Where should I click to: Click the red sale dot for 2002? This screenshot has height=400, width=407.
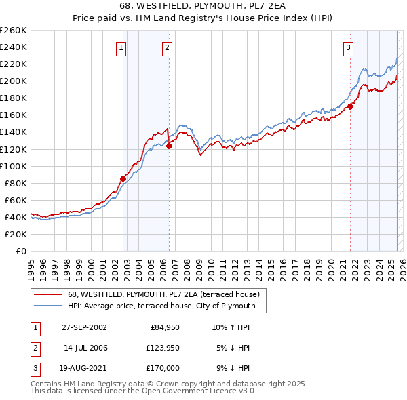pyautogui.click(x=123, y=178)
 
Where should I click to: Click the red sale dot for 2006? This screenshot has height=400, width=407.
pyautogui.click(x=169, y=145)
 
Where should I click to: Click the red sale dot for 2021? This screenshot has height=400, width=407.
pyautogui.click(x=351, y=106)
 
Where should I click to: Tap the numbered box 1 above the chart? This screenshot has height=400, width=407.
pyautogui.click(x=121, y=47)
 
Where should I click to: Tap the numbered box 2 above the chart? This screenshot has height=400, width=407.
pyautogui.click(x=166, y=47)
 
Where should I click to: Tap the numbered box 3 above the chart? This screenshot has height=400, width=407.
pyautogui.click(x=348, y=47)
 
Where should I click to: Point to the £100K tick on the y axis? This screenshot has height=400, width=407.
pyautogui.click(x=13, y=166)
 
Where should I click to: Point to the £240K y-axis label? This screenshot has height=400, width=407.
pyautogui.click(x=13, y=47)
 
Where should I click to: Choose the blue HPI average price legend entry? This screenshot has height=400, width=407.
pyautogui.click(x=161, y=306)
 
